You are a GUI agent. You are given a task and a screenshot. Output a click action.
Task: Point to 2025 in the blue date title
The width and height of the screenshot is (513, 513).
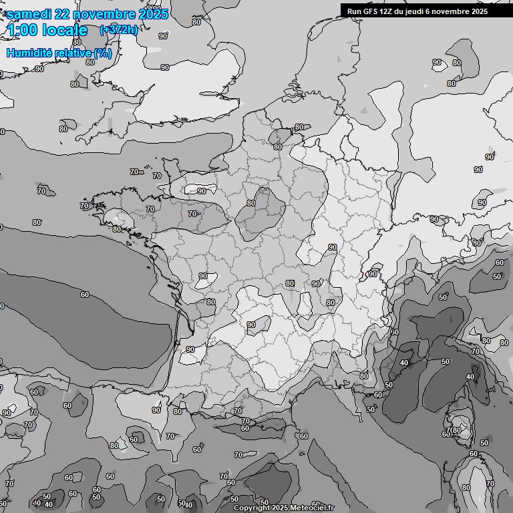pyautogui.click(x=154, y=14)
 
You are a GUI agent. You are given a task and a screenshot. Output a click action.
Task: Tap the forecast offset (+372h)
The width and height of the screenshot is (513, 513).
pyautogui.click(x=118, y=30)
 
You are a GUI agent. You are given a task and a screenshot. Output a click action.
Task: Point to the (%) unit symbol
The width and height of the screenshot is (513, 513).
pyautogui.click(x=102, y=53)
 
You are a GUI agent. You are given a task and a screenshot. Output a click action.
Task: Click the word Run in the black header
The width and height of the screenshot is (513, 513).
pyautogui.click(x=354, y=11)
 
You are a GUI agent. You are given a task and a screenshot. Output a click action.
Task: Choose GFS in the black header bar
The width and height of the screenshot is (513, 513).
pyautogui.click(x=371, y=11)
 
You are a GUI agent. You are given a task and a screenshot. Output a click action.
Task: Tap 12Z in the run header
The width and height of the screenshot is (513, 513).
pyautogui.click(x=389, y=11)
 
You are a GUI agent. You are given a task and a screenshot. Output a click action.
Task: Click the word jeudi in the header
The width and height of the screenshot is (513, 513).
pyautogui.click(x=421, y=11)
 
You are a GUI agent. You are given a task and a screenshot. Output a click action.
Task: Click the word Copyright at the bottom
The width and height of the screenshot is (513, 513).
pyautogui.click(x=251, y=508)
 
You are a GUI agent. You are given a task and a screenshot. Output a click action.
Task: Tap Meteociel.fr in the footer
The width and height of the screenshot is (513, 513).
pyautogui.click(x=312, y=508)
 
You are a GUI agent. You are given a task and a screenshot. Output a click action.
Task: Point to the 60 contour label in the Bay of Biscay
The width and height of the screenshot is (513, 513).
pyautogui.click(x=85, y=295)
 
